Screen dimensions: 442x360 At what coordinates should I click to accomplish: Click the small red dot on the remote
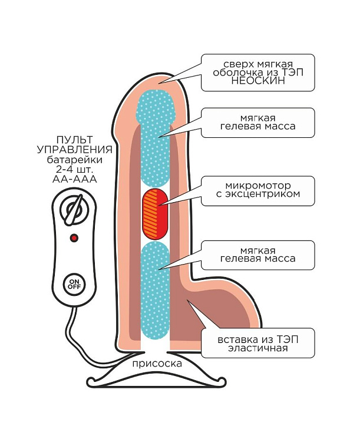[74, 238]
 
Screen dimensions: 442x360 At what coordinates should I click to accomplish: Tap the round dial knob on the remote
[74, 210]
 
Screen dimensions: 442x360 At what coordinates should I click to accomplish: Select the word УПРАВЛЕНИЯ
[74, 150]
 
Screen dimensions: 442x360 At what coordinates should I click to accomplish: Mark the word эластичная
[257, 348]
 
